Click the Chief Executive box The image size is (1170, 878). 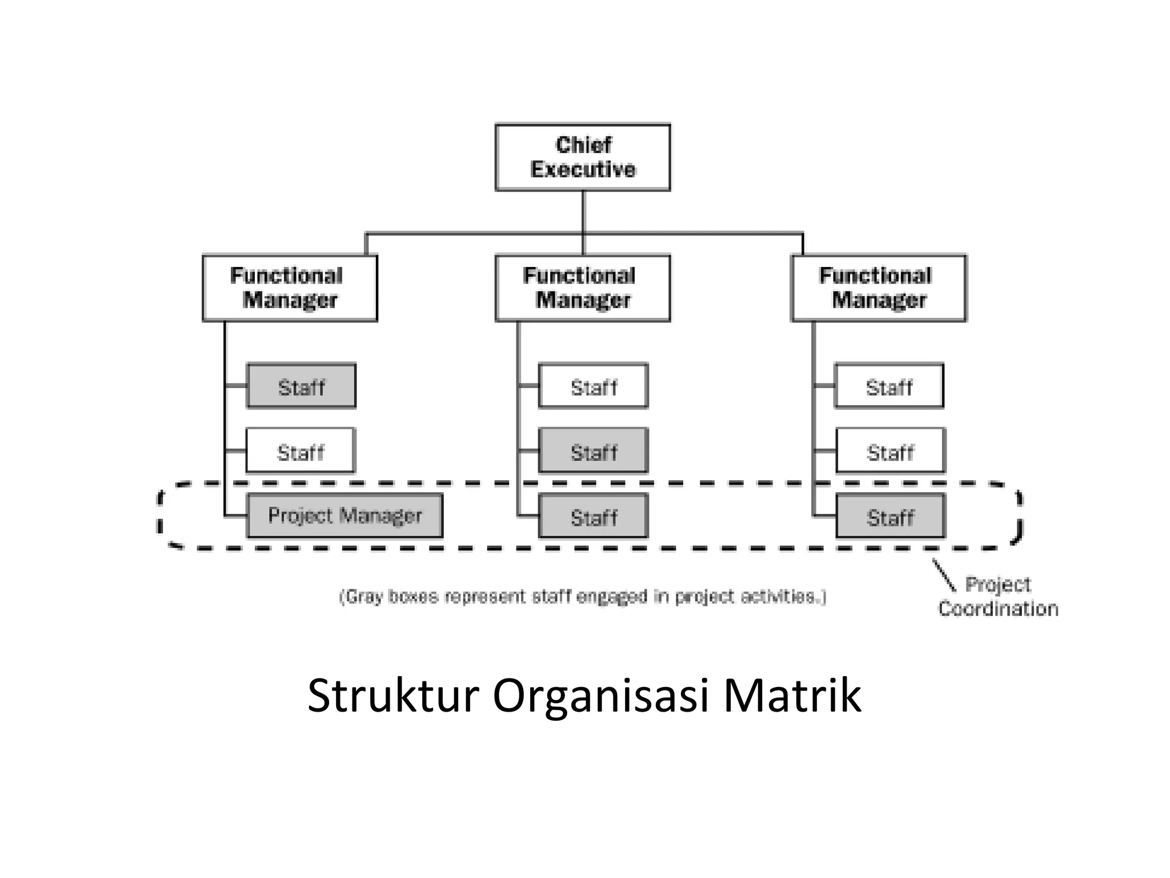click(x=583, y=157)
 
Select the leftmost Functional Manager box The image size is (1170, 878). click(x=290, y=288)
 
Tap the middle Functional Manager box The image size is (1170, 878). click(x=583, y=288)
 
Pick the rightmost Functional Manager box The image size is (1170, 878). click(x=879, y=288)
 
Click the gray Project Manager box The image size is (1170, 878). click(x=344, y=516)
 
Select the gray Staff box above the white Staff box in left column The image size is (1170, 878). click(x=301, y=386)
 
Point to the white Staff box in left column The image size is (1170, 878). click(x=300, y=451)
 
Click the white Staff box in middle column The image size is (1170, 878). click(x=593, y=386)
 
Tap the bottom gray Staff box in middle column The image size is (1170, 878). click(x=593, y=516)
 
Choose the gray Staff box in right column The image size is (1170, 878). click(x=890, y=516)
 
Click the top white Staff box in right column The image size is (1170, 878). click(x=889, y=386)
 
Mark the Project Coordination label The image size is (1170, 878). click(x=998, y=597)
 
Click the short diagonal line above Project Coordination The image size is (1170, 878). click(x=944, y=575)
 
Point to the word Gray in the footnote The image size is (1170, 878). click(x=363, y=597)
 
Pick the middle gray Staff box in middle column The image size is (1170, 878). click(x=593, y=451)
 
